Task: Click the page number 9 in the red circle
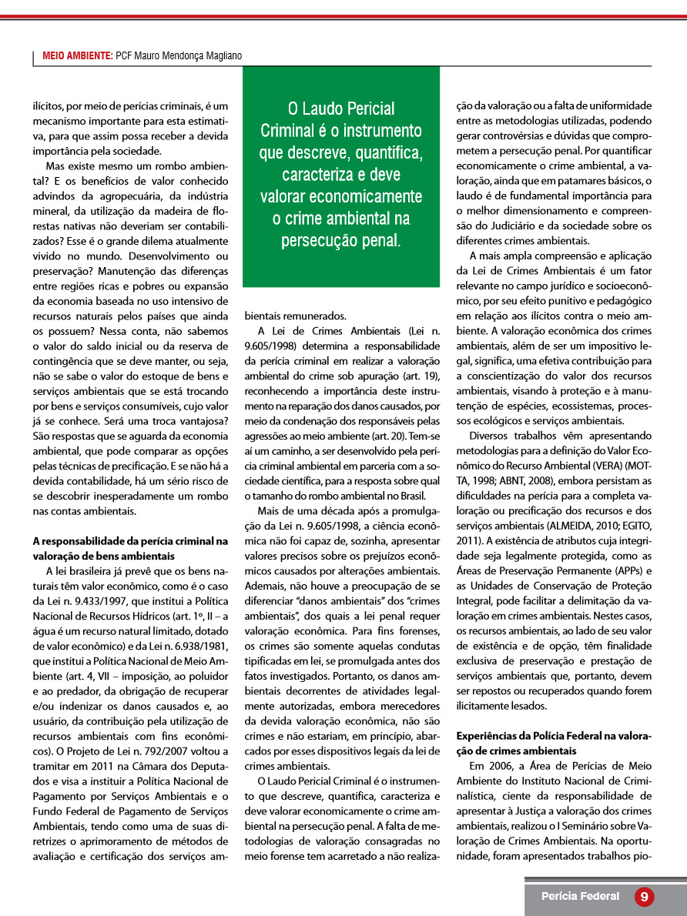tap(644, 896)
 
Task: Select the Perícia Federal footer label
tap(580, 896)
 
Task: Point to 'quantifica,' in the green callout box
tap(383, 152)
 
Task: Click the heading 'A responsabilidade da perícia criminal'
tap(130, 541)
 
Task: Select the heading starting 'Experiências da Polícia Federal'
tap(554, 736)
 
